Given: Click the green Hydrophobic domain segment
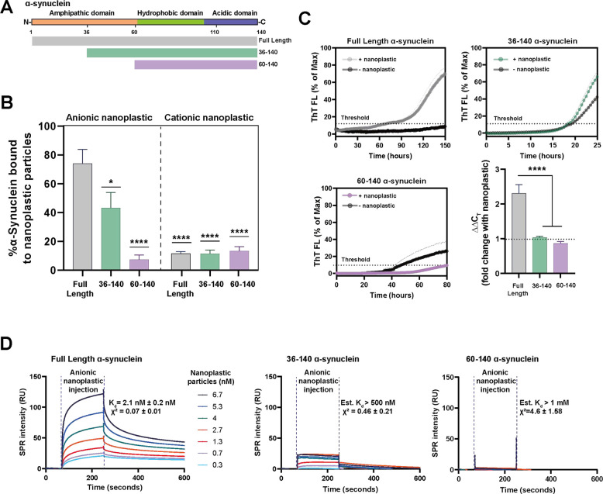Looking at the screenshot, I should tap(164, 23).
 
